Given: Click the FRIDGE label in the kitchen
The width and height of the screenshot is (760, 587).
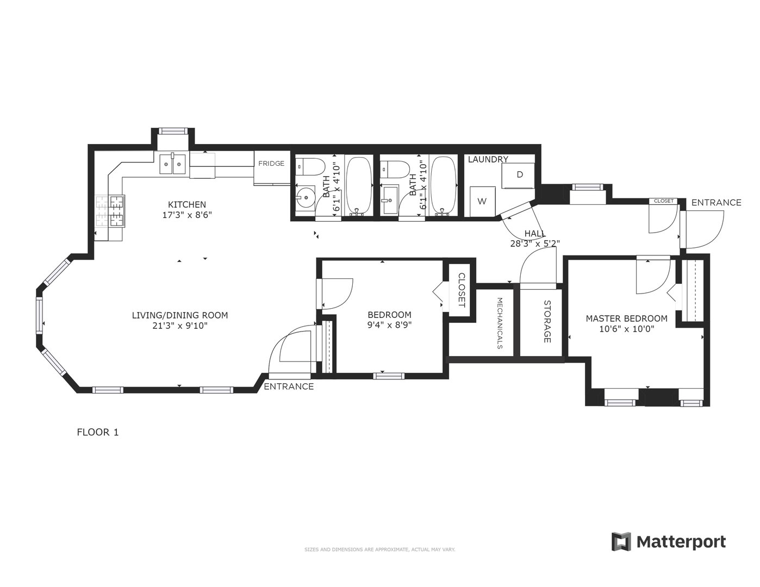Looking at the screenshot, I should tap(271, 164).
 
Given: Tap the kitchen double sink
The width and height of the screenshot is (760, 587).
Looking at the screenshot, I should tap(173, 163).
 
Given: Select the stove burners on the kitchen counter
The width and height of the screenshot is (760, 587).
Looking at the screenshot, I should tap(110, 211).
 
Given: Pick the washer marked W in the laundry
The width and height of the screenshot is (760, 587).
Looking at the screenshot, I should tap(482, 201).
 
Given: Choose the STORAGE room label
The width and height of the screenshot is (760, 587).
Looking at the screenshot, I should tap(547, 322).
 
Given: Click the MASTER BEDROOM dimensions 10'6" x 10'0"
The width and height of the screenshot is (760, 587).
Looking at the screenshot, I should tap(626, 329).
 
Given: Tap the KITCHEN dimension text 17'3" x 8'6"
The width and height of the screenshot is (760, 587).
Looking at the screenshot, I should tap(187, 215).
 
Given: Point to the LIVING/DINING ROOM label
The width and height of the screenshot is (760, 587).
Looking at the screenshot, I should tap(180, 315).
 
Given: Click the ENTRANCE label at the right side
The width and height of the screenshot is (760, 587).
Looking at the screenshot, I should tap(716, 203).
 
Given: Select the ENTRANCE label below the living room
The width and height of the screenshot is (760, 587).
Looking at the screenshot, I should tap(289, 386).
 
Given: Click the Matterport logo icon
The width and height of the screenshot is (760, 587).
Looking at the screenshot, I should tap(622, 542).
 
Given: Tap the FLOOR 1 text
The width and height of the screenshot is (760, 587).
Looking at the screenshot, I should tap(98, 433).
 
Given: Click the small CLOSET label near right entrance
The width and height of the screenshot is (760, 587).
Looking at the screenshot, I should tap(663, 201).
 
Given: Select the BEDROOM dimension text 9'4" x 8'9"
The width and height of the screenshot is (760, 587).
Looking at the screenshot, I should tap(389, 326).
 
